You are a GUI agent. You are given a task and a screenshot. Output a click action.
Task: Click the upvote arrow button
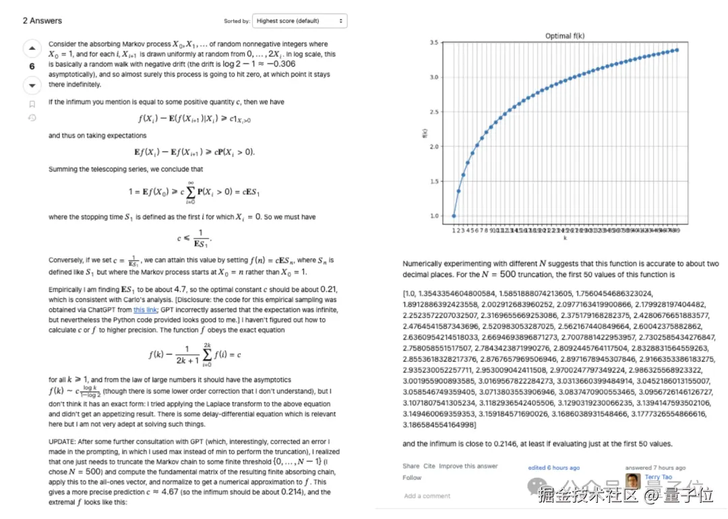[x=32, y=49]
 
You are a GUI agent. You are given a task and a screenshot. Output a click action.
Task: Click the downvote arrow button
[x=32, y=86]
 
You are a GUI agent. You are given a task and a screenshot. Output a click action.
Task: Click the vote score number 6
[x=32, y=67]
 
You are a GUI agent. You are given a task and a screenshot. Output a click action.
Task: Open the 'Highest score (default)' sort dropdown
[x=299, y=21]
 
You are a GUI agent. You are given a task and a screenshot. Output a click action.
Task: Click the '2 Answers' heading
[x=42, y=20]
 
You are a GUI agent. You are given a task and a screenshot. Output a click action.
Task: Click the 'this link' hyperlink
[x=144, y=310]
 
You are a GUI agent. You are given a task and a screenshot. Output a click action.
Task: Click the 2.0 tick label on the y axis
[x=433, y=146]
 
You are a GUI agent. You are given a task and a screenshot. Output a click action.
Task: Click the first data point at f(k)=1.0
[x=454, y=216]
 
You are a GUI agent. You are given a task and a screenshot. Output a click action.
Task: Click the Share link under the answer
[x=411, y=466]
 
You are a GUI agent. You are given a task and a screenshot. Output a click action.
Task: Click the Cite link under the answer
[x=429, y=466]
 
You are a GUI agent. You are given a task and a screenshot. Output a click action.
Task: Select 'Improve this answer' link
[x=468, y=466]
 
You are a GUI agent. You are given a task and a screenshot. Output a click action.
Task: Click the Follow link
[x=412, y=477]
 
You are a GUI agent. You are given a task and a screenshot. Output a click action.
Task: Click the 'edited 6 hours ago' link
[x=553, y=468]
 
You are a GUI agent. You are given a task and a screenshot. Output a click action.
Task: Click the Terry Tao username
[x=658, y=477]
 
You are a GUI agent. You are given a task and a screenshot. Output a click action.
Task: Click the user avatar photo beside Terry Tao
[x=633, y=481]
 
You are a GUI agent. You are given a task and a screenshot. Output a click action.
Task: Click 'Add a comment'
[x=427, y=496]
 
